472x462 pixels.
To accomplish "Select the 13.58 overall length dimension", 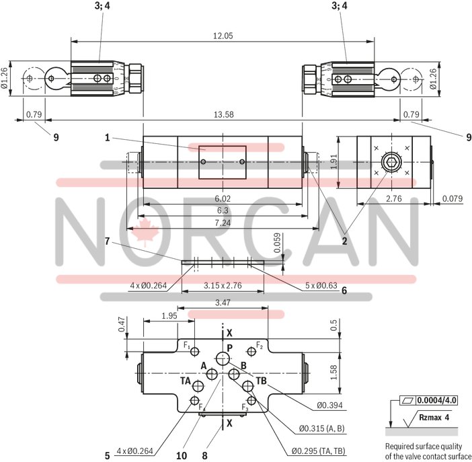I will point(223,114).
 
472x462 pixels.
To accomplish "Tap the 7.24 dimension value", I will point(222,221).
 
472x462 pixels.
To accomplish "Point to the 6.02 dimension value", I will point(222,198).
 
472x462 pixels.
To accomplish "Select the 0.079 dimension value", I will point(453,198).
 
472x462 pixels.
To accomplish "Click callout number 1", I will point(107,137).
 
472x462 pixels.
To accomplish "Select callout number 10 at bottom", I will point(181,455).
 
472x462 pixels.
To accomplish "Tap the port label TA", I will point(186,381).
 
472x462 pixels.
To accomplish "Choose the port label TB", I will point(262,381).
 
